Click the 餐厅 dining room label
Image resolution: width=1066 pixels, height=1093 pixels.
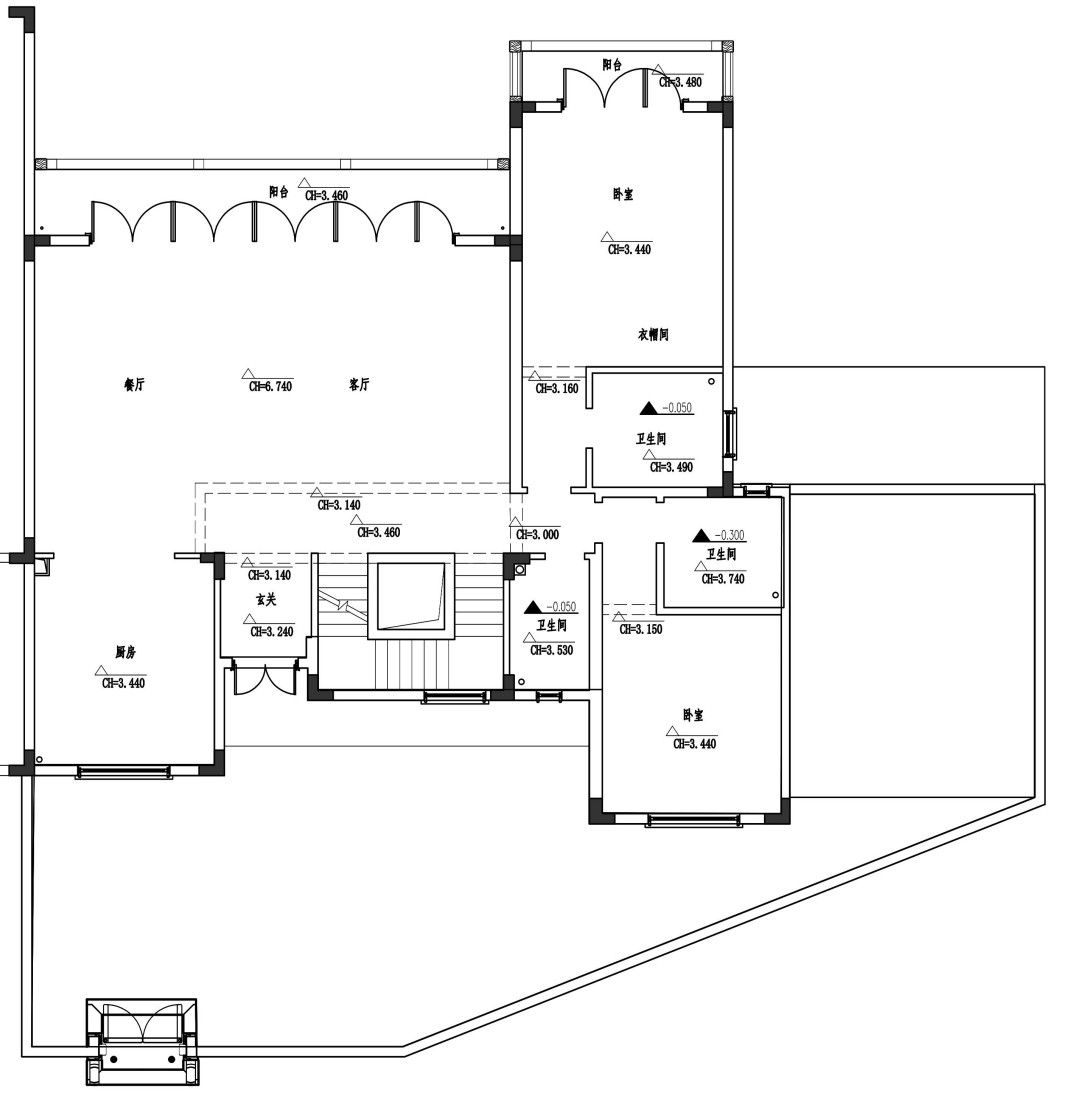coord(134,384)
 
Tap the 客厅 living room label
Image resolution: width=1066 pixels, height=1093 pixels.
coord(359,384)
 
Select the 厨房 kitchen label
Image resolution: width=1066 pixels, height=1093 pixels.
coord(125,652)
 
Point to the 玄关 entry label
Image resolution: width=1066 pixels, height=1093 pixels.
coord(266,599)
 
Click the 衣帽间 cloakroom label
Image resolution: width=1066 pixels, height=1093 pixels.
coord(653,335)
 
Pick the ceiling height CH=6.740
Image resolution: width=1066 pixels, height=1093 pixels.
coord(271,386)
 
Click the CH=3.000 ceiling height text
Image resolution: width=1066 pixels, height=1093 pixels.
coord(538,535)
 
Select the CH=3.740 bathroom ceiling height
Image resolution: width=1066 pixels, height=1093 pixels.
coord(723,579)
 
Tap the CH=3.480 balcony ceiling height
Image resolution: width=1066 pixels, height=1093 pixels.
coord(680,82)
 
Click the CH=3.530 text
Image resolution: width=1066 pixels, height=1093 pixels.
coord(551,650)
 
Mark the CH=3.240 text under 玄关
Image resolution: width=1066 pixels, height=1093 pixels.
coord(272,632)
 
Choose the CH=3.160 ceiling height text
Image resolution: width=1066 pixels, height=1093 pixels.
coord(557,388)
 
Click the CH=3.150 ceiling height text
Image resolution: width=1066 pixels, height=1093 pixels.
coord(641,629)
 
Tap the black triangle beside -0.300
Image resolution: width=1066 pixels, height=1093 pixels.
coord(701,535)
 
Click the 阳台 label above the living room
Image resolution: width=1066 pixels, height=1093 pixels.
coord(279,192)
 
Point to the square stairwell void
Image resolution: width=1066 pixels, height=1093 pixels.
coord(411,596)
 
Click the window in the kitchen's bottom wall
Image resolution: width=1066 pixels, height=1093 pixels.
coord(123,772)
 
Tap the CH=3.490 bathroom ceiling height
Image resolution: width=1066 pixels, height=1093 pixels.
coord(671,467)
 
